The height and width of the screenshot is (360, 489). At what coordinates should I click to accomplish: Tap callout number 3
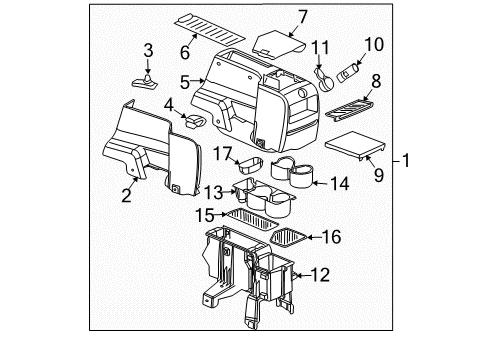tap(148, 50)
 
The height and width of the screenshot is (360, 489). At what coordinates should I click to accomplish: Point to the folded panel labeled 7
tap(278, 42)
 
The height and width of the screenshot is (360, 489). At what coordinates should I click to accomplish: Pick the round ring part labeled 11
tap(324, 75)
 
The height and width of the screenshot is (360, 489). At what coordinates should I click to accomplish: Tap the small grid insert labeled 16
tap(287, 237)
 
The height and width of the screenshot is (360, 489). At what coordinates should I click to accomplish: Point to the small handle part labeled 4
tap(196, 123)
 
